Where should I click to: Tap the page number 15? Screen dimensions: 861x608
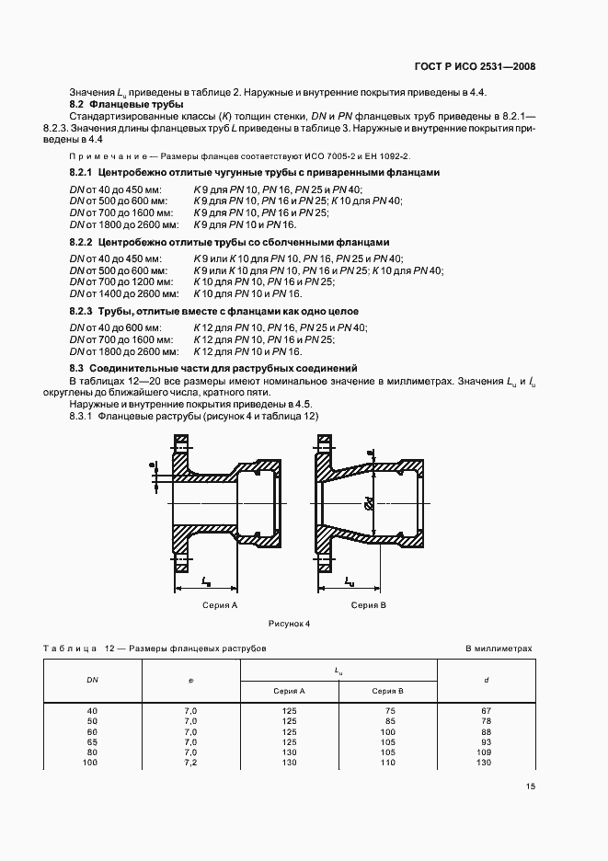(531, 786)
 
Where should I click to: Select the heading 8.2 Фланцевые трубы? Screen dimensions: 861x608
(106, 104)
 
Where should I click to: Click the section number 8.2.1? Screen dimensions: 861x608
(84, 173)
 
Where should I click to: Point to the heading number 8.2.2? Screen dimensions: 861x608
(84, 243)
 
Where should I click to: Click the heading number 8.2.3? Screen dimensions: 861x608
(84, 313)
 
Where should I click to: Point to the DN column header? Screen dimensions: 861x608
(92, 680)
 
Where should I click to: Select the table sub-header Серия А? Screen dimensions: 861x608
(289, 690)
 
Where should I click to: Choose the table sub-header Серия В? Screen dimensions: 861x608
(388, 690)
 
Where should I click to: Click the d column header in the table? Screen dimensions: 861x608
(486, 680)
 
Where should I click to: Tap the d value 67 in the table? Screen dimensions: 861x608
(486, 710)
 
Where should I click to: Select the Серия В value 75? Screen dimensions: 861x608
(389, 710)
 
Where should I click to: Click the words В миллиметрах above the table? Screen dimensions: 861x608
(499, 649)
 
